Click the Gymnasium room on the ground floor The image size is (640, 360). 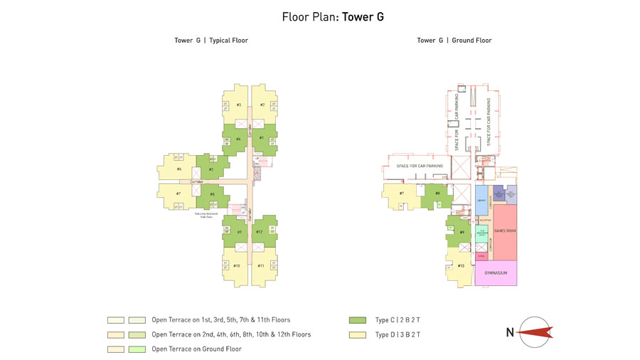(496, 273)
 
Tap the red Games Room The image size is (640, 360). (504, 232)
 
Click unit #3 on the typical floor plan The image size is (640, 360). (238, 105)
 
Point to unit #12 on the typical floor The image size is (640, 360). (260, 232)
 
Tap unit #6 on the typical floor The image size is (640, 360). (178, 169)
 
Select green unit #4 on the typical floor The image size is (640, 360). (238, 139)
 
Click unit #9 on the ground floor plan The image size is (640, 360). (462, 232)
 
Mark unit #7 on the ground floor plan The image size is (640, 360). (402, 194)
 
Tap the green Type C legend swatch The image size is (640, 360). (357, 320)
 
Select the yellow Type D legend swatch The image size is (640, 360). (357, 334)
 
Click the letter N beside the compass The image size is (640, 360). (510, 332)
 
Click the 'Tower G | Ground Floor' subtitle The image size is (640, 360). (454, 41)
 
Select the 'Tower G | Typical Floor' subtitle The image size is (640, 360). (211, 41)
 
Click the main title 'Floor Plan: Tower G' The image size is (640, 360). (333, 17)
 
